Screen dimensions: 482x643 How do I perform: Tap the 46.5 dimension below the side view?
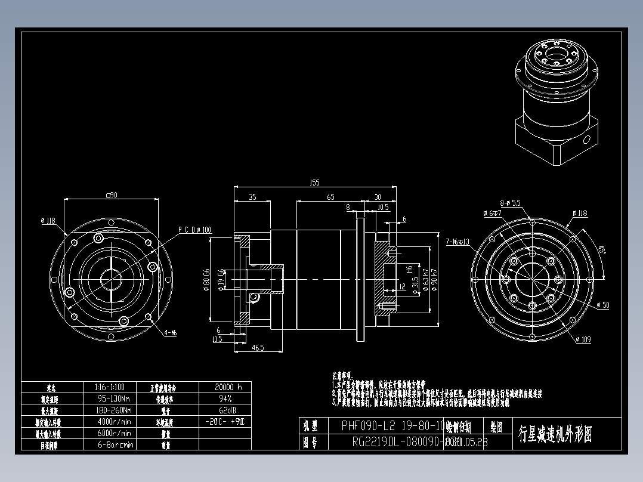tap(258, 347)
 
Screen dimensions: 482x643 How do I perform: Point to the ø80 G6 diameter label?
tap(207, 276)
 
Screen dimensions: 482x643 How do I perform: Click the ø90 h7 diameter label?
tap(435, 278)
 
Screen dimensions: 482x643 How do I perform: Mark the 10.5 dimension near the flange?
tap(384, 208)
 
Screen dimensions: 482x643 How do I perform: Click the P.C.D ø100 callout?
tap(195, 230)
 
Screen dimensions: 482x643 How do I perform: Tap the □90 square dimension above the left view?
tap(111, 194)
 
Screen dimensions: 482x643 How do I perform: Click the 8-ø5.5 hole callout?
tap(511, 203)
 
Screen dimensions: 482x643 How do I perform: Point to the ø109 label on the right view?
tap(583, 339)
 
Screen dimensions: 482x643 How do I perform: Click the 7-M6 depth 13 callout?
tap(457, 242)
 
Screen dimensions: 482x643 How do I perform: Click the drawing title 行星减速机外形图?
tap(555, 434)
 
